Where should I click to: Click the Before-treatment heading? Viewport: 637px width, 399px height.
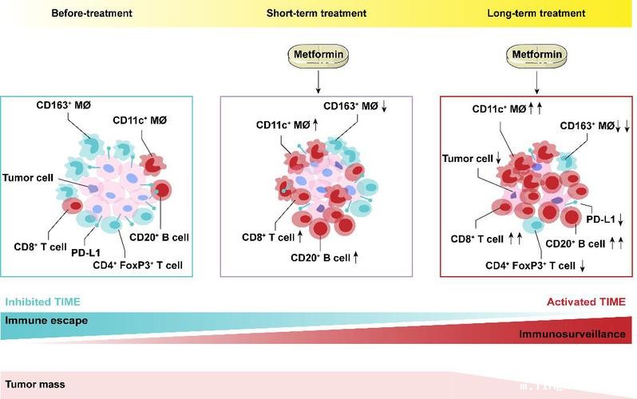click(92, 14)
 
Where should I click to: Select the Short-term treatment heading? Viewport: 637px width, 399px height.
click(316, 14)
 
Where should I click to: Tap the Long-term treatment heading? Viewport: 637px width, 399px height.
click(536, 14)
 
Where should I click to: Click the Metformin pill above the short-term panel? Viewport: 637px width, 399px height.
click(318, 55)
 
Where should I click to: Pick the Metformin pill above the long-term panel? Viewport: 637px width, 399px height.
click(536, 55)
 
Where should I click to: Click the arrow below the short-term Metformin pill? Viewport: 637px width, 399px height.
click(318, 82)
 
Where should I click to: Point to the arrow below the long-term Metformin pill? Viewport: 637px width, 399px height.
click(536, 82)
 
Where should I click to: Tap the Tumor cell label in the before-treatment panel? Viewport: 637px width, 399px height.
click(28, 178)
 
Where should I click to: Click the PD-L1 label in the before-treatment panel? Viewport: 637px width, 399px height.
click(85, 253)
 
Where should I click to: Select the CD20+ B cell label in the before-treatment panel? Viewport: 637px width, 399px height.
click(160, 237)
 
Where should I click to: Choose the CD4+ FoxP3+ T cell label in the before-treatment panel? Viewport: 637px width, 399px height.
click(138, 265)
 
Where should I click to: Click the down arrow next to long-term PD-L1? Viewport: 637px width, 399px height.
click(621, 219)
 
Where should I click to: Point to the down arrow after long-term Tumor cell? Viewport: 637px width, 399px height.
click(498, 159)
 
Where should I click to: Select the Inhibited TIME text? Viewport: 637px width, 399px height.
click(42, 302)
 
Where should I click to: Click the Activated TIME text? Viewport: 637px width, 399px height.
click(586, 302)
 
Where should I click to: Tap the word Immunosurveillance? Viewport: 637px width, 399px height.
click(572, 334)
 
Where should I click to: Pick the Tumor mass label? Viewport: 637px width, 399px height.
click(35, 385)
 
